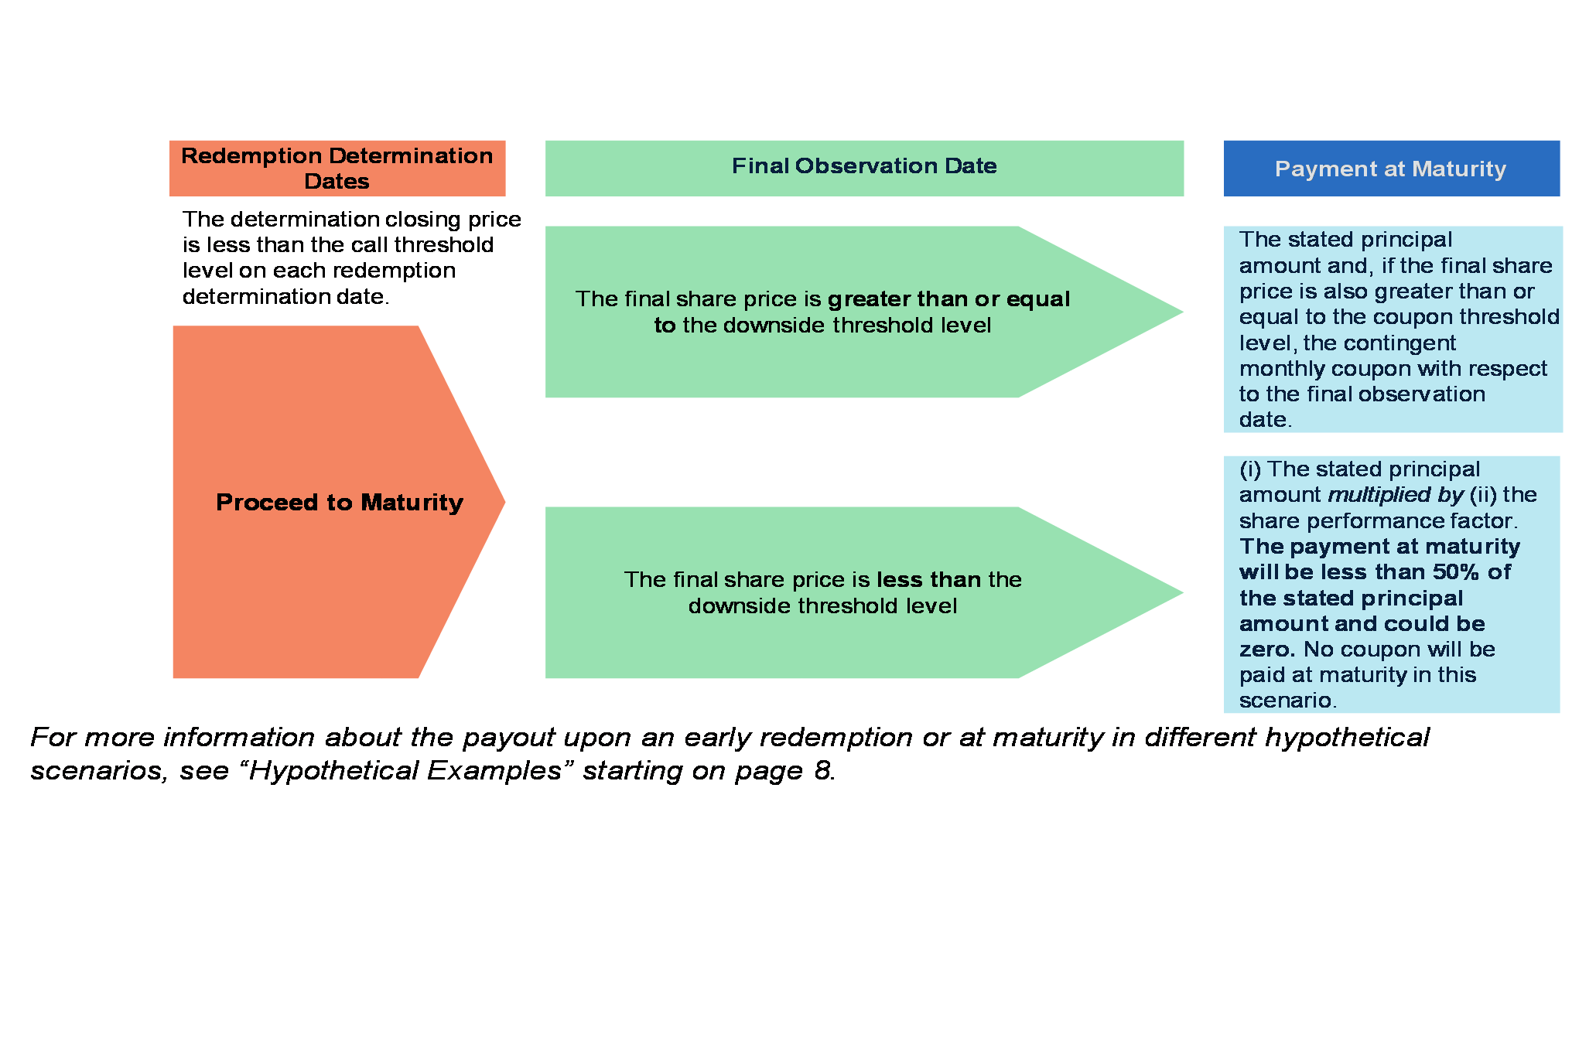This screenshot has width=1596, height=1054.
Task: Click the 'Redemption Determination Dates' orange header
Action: pos(337,168)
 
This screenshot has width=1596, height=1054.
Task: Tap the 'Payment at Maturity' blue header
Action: pos(1390,169)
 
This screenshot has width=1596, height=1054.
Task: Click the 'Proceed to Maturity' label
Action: pos(339,503)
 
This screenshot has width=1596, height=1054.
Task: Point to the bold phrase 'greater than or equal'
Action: pos(948,299)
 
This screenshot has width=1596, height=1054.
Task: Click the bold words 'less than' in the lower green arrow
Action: pos(928,580)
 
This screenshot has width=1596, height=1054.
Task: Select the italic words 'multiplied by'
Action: pos(1395,495)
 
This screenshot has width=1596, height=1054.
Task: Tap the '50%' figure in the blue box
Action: pos(1458,572)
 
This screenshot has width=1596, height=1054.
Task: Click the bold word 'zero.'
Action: pos(1266,650)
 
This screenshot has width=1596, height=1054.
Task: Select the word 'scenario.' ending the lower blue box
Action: pos(1287,701)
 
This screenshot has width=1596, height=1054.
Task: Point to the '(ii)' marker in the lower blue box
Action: pos(1483,495)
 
